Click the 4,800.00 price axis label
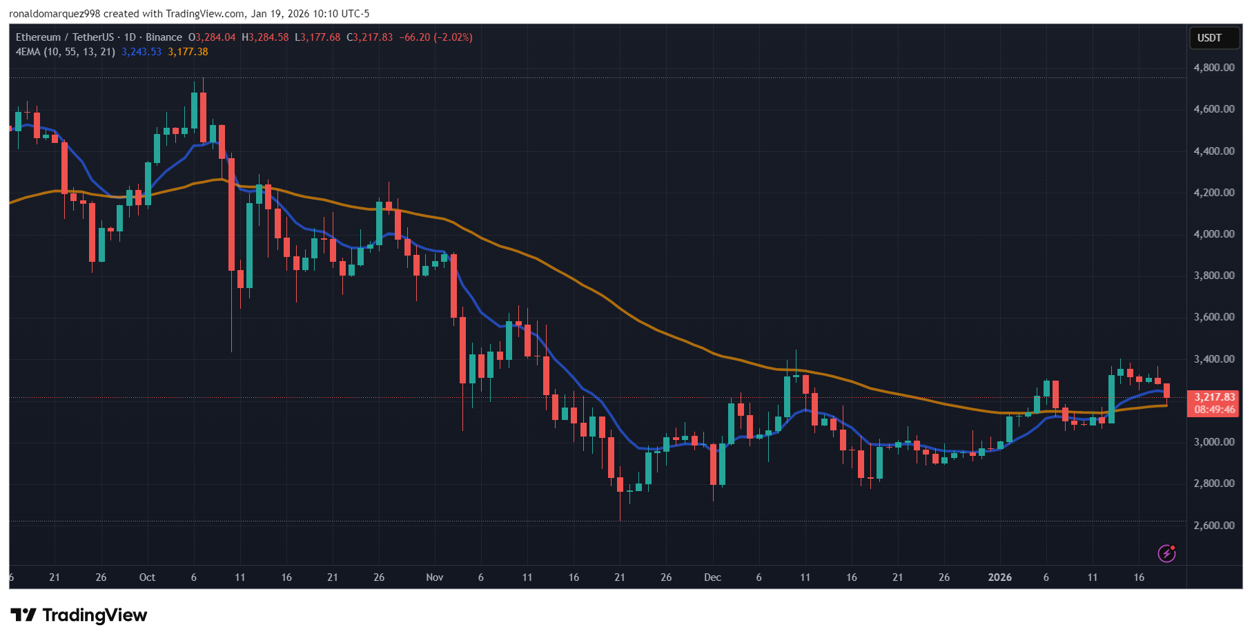tap(1213, 68)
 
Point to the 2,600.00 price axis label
tap(1213, 526)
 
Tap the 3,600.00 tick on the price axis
tap(1213, 317)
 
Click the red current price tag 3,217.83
tap(1214, 397)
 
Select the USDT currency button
tap(1209, 38)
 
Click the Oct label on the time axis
tap(147, 577)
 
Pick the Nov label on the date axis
tap(434, 577)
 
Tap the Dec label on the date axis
tap(712, 577)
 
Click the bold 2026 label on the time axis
tap(999, 577)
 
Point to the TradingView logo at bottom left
tap(79, 615)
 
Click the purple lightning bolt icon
tap(1166, 553)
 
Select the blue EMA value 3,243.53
tap(141, 52)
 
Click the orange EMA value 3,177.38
tap(188, 52)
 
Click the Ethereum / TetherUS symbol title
tap(64, 37)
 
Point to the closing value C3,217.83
tap(369, 37)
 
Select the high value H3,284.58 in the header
tap(265, 37)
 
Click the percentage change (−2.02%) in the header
tap(453, 37)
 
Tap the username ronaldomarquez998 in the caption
tap(55, 14)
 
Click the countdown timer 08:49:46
tap(1214, 410)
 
